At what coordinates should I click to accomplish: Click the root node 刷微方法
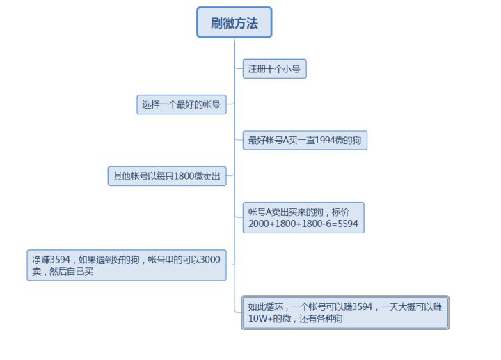click(x=234, y=22)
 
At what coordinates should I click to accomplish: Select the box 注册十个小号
click(x=274, y=69)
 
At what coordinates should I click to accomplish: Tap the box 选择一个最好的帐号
click(x=182, y=104)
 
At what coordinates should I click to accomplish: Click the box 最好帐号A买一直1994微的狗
click(x=305, y=140)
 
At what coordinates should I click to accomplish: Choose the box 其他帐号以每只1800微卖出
click(x=167, y=176)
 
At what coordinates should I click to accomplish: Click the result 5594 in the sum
click(x=348, y=224)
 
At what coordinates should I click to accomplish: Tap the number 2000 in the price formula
click(x=258, y=224)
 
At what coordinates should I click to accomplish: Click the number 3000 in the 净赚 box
click(x=210, y=259)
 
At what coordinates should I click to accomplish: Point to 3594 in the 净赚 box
click(x=60, y=259)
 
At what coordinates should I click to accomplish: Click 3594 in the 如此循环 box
click(x=363, y=306)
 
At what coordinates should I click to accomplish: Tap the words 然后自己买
click(x=71, y=272)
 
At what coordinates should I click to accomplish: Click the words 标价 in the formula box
click(x=340, y=212)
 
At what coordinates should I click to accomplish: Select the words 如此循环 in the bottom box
click(x=266, y=306)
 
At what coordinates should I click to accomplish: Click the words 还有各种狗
click(x=321, y=318)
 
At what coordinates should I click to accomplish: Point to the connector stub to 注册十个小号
click(x=239, y=68)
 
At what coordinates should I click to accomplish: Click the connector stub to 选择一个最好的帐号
click(x=230, y=104)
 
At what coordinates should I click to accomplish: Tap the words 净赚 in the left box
click(x=41, y=259)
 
